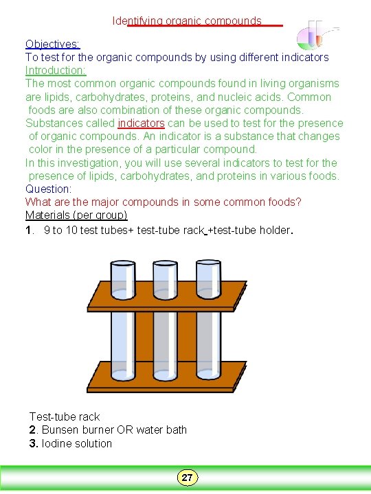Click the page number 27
coord(187,478)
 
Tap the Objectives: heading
coord(53,44)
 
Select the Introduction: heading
coord(56,70)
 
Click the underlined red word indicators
coord(141,123)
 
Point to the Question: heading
coord(49,189)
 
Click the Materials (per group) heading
coord(76,215)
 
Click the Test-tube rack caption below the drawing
coord(65,416)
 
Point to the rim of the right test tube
coord(208,263)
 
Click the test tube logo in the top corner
coord(317,35)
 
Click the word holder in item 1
coord(274,230)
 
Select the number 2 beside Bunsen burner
coord(32,430)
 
